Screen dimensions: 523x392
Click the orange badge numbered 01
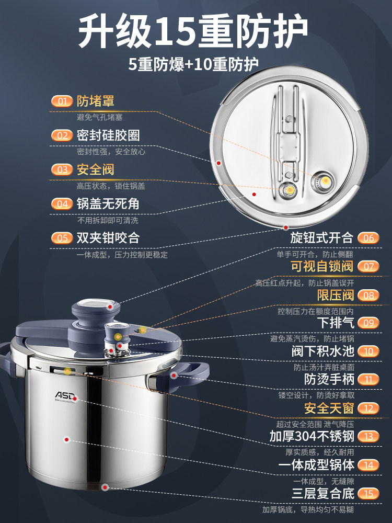(62, 101)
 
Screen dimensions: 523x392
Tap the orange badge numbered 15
(368, 493)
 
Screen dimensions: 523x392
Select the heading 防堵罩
(95, 101)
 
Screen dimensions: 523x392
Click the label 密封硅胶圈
(108, 135)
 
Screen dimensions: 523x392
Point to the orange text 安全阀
(95, 169)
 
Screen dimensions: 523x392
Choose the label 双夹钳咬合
(108, 237)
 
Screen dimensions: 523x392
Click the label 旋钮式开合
(322, 237)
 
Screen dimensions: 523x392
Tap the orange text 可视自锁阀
(322, 266)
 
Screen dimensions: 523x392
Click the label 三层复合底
(322, 493)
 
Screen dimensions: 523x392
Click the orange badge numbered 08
(368, 295)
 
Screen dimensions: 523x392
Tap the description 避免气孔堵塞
(100, 118)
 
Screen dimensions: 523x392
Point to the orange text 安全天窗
(328, 408)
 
